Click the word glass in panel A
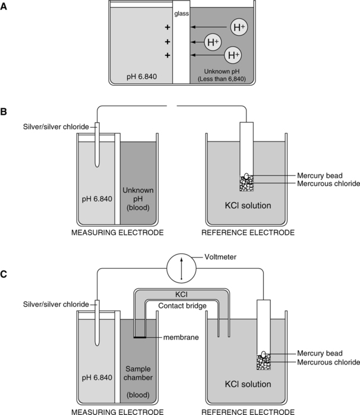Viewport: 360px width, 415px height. (x=180, y=13)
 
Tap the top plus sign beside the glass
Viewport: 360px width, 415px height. (x=167, y=28)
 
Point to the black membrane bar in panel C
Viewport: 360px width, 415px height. (x=140, y=337)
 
